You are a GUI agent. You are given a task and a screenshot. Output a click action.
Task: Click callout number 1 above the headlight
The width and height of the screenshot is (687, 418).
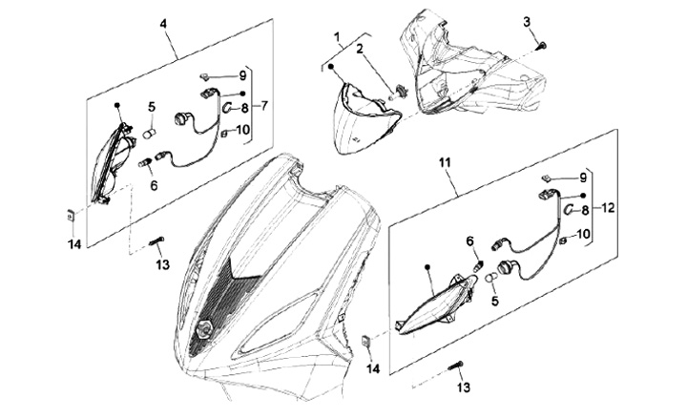337,37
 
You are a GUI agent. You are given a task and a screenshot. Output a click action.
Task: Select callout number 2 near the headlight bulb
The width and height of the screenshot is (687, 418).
360,49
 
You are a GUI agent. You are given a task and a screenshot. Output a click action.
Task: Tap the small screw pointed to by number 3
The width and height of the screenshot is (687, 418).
543,45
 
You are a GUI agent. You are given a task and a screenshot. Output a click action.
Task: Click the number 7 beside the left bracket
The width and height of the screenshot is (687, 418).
264,106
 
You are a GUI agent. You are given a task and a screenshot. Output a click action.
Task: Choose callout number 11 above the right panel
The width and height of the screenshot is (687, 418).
445,162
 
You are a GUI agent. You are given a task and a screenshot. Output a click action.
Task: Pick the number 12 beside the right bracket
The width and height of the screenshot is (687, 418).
608,208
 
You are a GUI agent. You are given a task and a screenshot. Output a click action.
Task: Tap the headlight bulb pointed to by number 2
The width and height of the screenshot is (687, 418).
401,94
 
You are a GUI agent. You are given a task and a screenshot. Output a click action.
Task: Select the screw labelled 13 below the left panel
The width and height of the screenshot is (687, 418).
157,241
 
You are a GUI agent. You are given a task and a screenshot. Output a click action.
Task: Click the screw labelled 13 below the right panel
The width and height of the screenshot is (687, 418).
456,366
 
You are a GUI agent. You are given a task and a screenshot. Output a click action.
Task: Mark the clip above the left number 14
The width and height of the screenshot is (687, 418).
70,216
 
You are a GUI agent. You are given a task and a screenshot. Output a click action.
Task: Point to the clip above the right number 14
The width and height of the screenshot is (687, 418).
366,341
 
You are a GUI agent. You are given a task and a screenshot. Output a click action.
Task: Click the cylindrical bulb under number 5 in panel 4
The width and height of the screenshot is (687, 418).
150,134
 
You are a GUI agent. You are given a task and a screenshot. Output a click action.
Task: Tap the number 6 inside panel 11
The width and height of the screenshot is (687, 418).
470,241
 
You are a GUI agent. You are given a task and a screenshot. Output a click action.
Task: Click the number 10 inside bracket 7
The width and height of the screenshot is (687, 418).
242,130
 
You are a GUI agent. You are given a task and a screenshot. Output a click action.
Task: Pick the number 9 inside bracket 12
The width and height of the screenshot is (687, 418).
583,178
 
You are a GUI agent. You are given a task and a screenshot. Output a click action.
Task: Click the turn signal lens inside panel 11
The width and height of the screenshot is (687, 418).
435,303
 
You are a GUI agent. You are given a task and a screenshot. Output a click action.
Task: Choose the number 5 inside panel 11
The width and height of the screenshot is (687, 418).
494,301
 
